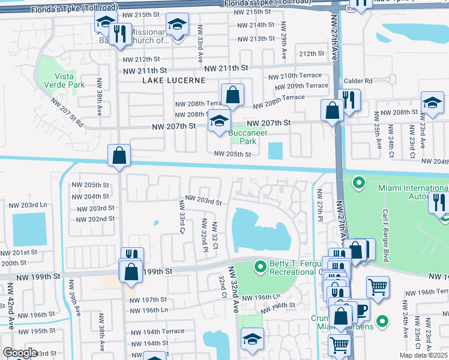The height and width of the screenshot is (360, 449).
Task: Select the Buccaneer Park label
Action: tap(243, 137)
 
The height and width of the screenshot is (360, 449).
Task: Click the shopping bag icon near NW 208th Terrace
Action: tap(232, 95)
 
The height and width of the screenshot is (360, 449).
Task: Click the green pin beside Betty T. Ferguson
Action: tap(260, 266)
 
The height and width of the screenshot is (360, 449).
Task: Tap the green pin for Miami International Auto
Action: tap(359, 182)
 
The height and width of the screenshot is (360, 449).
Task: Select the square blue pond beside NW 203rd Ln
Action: tap(29, 230)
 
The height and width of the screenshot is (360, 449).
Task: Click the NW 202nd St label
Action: tap(92, 219)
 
